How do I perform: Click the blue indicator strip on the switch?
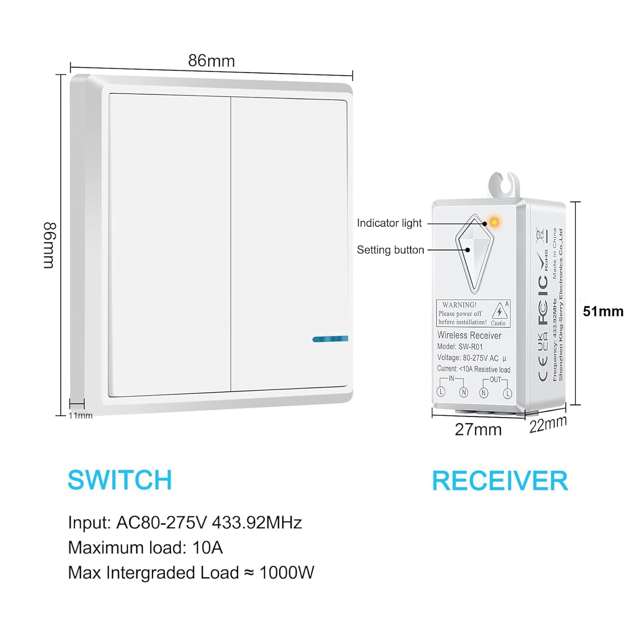click(330, 339)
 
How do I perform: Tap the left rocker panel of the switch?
click(170, 244)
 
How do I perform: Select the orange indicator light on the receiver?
click(494, 222)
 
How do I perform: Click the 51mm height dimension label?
click(603, 311)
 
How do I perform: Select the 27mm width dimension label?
click(478, 429)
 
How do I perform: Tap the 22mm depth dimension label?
click(547, 424)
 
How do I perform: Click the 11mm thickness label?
click(80, 415)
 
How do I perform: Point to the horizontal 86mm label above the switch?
click(211, 61)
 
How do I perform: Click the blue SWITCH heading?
click(120, 480)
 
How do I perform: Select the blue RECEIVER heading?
click(500, 481)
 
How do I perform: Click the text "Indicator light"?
click(389, 223)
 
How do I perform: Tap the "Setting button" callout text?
click(390, 250)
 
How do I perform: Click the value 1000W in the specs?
click(287, 572)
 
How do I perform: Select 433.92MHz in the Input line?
click(256, 522)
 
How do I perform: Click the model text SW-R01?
click(470, 347)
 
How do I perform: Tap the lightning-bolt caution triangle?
click(499, 312)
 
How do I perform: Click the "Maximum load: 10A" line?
click(145, 547)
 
